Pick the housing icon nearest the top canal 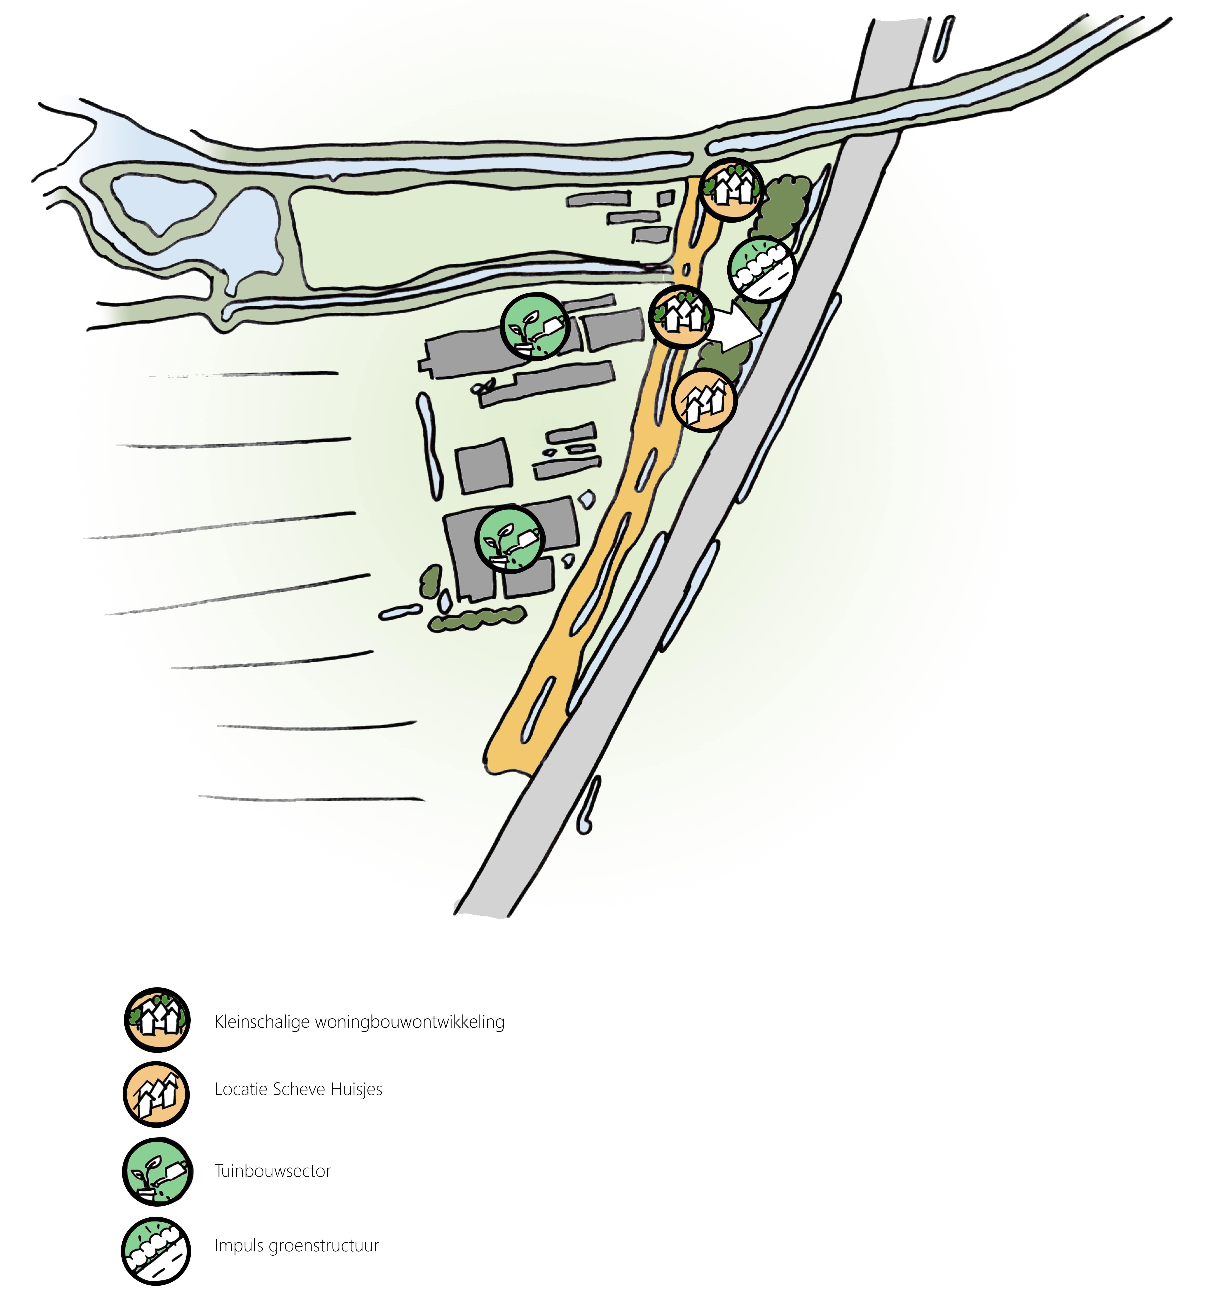point(731,190)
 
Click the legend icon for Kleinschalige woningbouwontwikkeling point(157,1020)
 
